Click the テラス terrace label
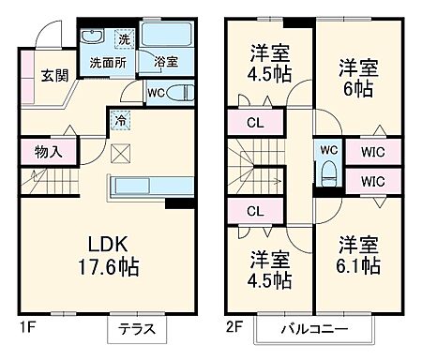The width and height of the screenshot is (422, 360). [x=142, y=330]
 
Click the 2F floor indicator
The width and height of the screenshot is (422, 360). [x=234, y=329]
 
